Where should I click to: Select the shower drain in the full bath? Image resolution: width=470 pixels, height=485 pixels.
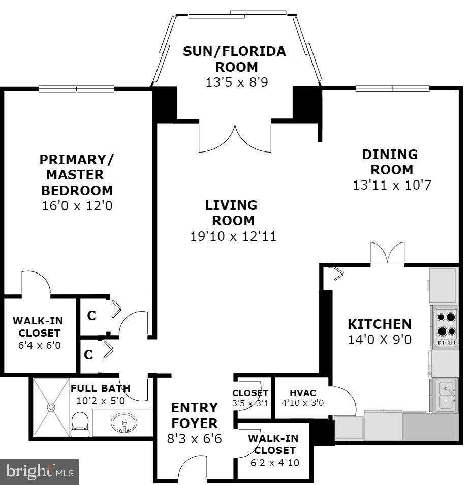click(x=51, y=407)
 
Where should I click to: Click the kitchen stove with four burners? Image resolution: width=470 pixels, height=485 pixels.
click(x=446, y=325)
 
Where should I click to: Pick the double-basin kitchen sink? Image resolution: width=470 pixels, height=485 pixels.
click(x=446, y=395)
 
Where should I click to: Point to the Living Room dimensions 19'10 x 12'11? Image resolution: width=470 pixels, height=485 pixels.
click(x=233, y=236)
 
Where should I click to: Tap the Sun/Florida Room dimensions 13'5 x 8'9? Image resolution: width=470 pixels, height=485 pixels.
click(x=236, y=82)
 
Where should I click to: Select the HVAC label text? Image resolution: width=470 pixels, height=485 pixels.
click(x=302, y=393)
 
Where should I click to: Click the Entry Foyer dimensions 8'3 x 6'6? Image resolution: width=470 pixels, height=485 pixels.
click(x=194, y=438)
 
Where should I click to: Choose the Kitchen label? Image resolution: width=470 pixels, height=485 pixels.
click(x=379, y=324)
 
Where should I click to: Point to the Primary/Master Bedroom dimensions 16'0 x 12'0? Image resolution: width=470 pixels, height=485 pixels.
click(x=77, y=206)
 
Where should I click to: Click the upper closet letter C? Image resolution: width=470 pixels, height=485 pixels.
click(x=91, y=316)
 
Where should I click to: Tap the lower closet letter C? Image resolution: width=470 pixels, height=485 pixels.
click(x=88, y=355)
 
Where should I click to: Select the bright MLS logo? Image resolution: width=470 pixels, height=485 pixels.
click(x=40, y=472)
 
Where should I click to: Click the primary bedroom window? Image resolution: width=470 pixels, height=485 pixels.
click(x=77, y=88)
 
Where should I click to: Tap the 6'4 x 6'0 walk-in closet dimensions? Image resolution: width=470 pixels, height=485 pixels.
click(x=36, y=345)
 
